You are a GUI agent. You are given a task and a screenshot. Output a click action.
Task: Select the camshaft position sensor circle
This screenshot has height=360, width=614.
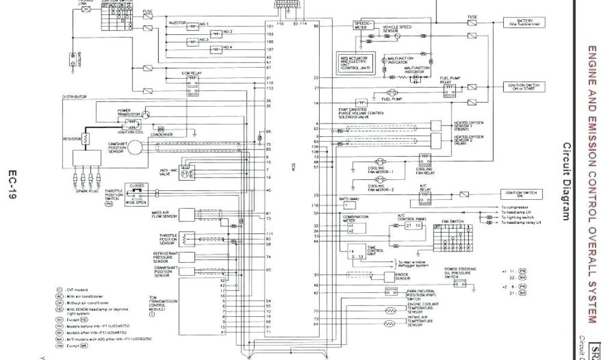tap(135, 146)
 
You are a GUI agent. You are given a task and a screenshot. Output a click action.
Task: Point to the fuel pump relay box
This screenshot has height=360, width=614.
tap(449, 89)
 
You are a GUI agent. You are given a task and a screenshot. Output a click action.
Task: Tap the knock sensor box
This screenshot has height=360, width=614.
tap(386, 276)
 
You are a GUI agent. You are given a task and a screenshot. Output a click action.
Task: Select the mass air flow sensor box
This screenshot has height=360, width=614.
tap(186, 214)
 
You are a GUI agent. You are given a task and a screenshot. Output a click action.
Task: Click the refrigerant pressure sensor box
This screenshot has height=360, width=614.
tap(186, 257)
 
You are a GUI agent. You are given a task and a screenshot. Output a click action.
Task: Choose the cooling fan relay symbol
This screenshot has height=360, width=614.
tap(425, 161)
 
